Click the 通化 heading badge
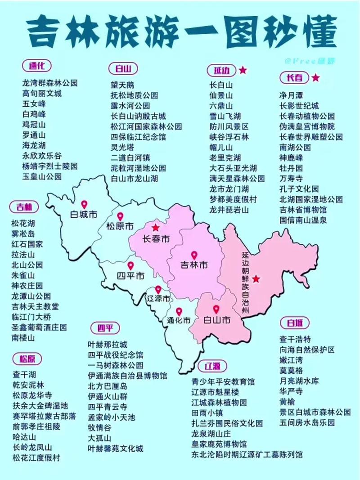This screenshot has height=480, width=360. (x=36, y=66)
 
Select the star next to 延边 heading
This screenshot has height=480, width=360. (x=243, y=70)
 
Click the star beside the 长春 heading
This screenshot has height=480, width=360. (x=316, y=77)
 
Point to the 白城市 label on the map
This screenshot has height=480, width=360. (x=84, y=215)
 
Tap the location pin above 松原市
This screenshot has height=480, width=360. (x=120, y=216)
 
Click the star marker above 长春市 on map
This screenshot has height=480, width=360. (x=155, y=228)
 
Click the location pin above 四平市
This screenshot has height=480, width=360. (x=130, y=266)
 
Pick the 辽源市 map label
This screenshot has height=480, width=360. (x=159, y=299)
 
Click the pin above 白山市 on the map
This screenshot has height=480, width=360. (x=216, y=310)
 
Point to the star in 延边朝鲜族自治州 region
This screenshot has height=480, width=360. (x=256, y=279)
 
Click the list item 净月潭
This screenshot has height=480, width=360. (x=292, y=95)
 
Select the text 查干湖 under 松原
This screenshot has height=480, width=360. (x=24, y=374)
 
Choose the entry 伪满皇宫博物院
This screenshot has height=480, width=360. (x=307, y=126)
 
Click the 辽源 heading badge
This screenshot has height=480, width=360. (x=209, y=366)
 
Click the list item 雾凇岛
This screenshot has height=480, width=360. (x=23, y=234)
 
